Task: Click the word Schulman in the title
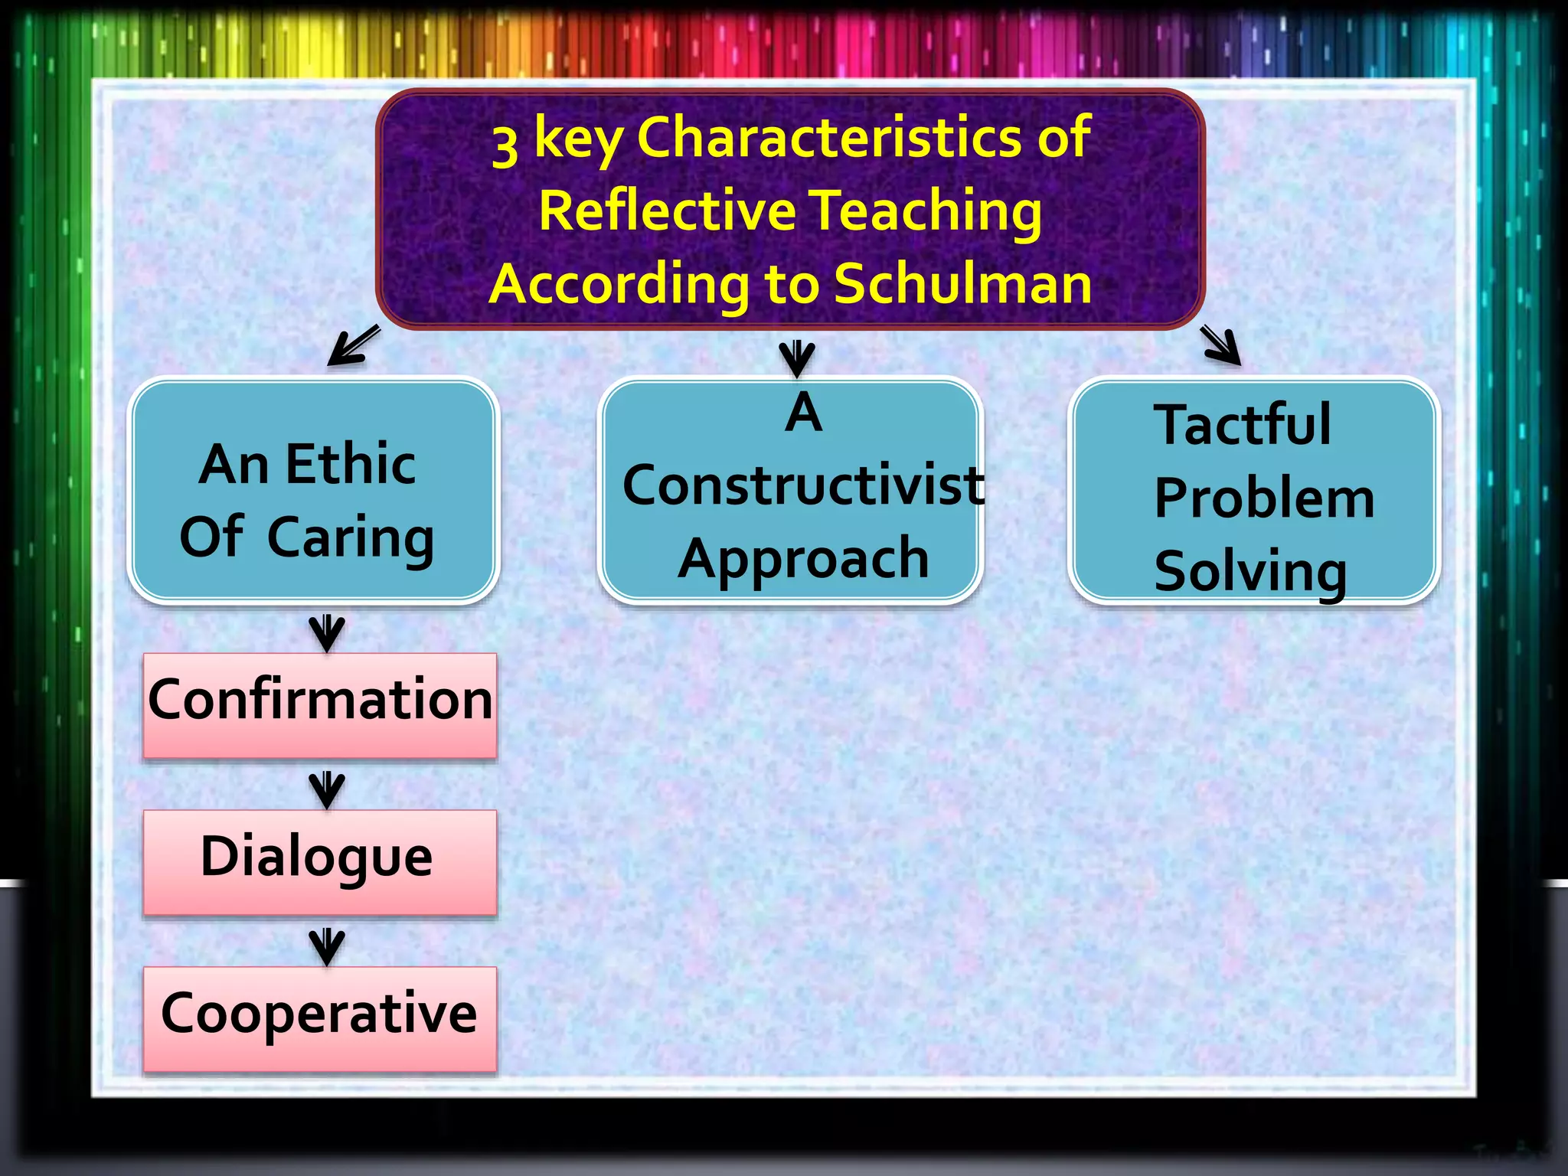point(962,283)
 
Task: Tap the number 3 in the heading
point(505,145)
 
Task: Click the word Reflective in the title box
point(667,211)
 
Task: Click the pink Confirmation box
point(320,705)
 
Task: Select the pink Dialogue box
point(320,861)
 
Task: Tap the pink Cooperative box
point(320,1018)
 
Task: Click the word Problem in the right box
point(1263,498)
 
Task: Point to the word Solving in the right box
point(1249,571)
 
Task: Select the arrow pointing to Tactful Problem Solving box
point(1222,345)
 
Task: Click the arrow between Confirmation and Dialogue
point(327,789)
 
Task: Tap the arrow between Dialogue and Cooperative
point(327,946)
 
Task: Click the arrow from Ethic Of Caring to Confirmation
point(327,632)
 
